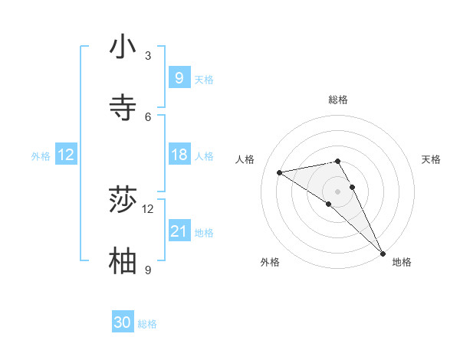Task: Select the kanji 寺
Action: pos(123,107)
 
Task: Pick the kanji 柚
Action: pos(123,261)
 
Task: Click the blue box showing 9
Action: pos(179,77)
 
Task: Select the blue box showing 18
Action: pos(179,155)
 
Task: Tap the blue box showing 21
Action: pos(179,231)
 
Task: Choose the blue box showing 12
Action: pos(66,155)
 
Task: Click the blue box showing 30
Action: pos(123,322)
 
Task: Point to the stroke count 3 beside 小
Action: pos(148,55)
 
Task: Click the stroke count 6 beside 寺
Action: pos(148,116)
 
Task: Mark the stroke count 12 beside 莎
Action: pos(148,208)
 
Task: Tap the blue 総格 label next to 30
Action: pos(148,324)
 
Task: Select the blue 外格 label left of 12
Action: pos(41,156)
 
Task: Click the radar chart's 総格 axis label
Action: pos(338,100)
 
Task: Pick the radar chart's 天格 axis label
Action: pos(431,159)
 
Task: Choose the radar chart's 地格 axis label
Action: pos(402,262)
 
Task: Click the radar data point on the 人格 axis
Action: pos(279,172)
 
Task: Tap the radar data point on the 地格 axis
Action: pos(382,252)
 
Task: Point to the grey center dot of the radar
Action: pos(338,191)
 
